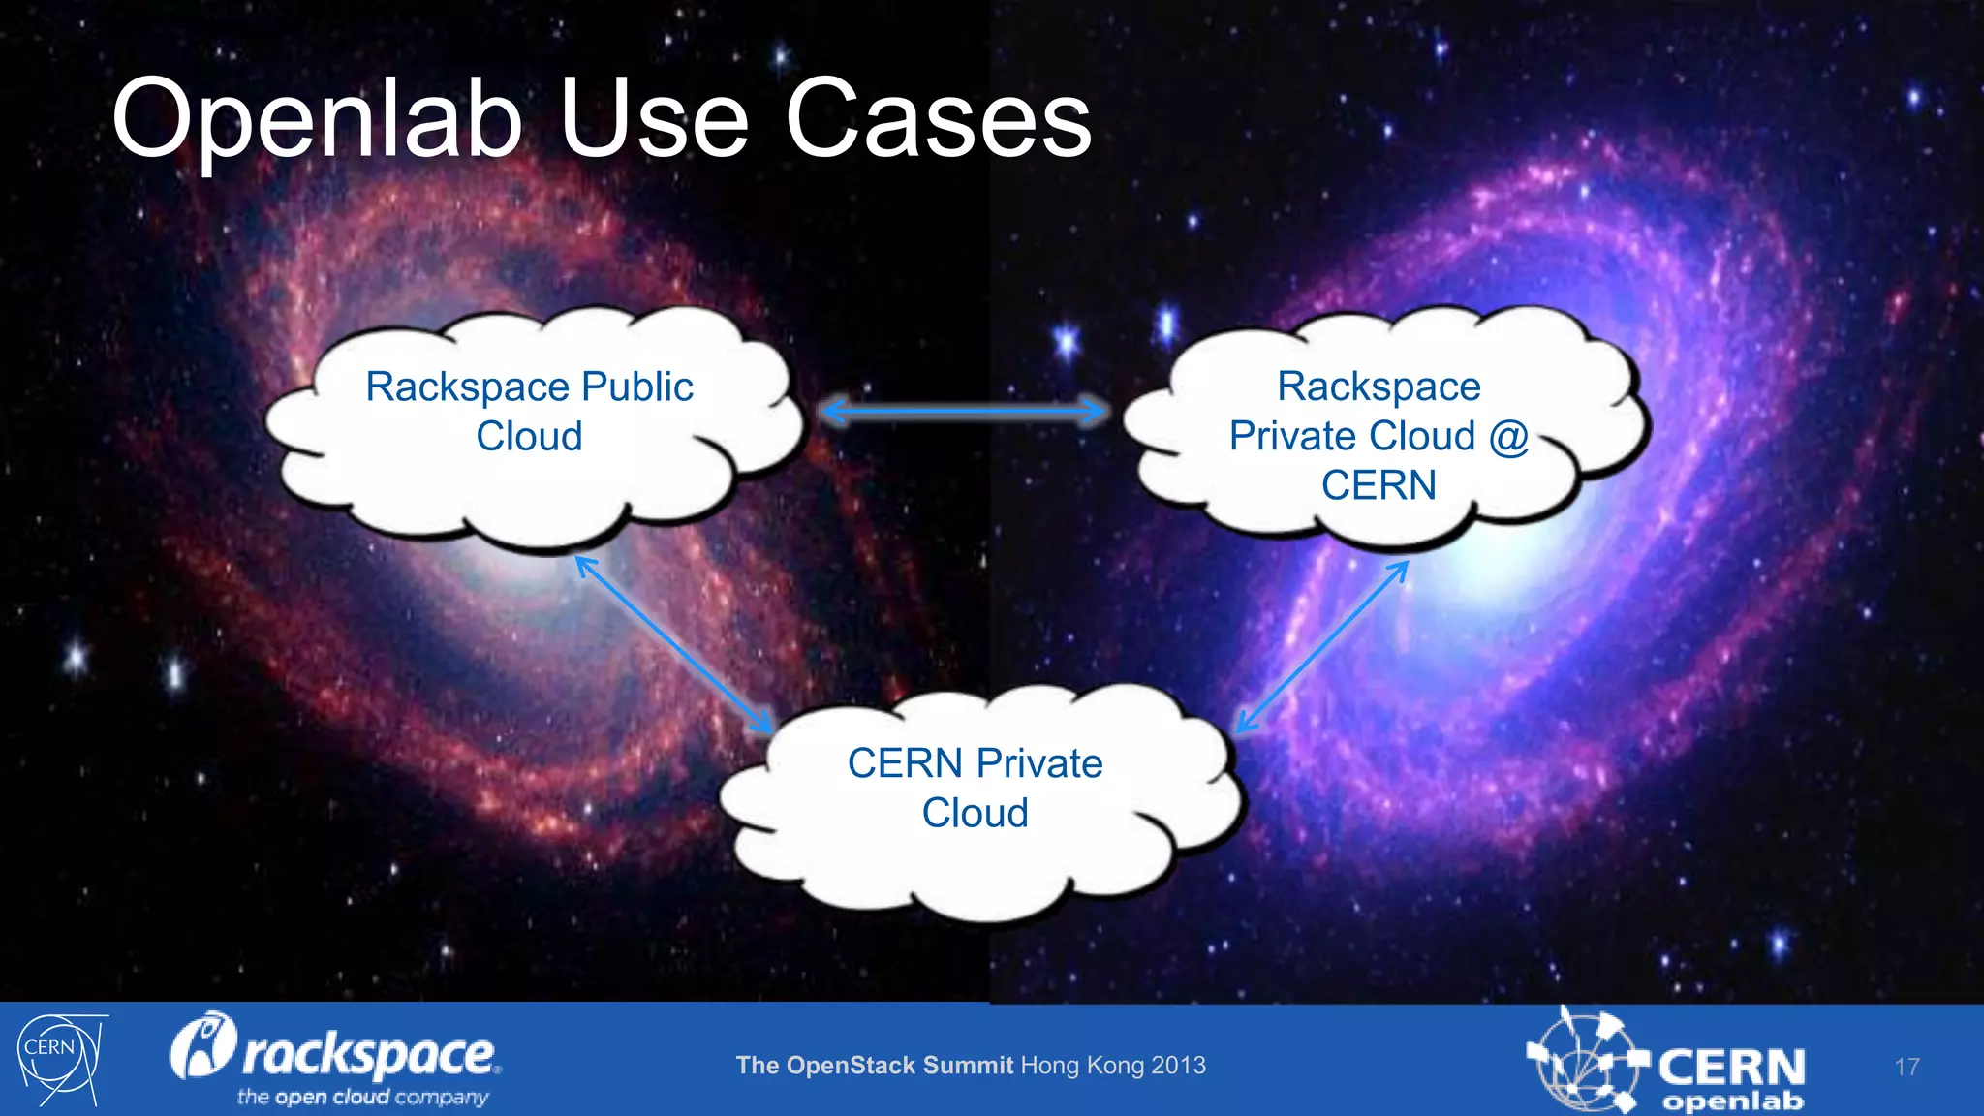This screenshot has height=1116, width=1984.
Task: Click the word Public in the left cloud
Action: click(636, 387)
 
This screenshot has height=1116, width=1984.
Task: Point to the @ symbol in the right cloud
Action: click(1508, 436)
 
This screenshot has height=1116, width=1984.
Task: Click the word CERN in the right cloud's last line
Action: click(1379, 485)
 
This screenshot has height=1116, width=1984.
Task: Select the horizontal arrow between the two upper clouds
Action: click(964, 412)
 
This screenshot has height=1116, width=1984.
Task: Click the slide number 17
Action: click(1906, 1067)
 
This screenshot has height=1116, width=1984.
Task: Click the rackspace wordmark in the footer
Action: click(368, 1054)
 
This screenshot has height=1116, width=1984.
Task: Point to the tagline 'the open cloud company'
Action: click(362, 1097)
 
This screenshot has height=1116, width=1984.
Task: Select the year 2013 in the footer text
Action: click(1179, 1066)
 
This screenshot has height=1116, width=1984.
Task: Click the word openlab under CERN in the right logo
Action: click(1732, 1100)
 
